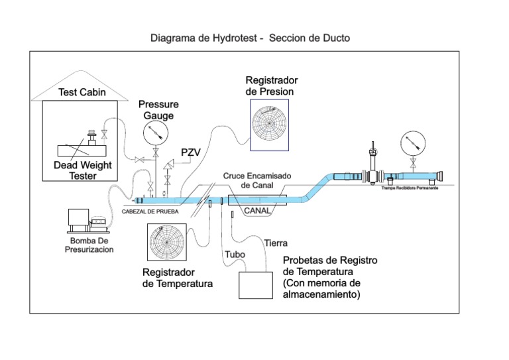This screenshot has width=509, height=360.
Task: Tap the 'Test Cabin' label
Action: pos(82,92)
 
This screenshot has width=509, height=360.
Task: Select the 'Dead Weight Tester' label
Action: pos(84,171)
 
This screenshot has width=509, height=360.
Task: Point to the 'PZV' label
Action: pos(191,152)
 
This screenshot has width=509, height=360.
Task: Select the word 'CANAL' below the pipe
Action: pos(257,211)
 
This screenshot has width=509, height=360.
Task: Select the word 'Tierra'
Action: pos(276,243)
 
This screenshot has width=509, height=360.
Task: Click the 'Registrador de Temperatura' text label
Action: pos(177,278)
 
